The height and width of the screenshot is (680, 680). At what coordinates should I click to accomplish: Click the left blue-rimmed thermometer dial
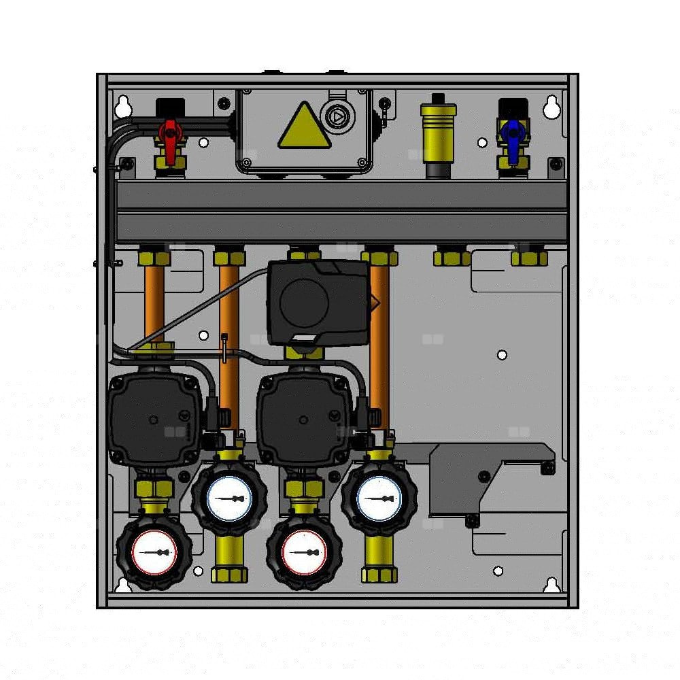[229, 498]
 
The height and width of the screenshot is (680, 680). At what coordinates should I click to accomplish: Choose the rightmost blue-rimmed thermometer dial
[379, 498]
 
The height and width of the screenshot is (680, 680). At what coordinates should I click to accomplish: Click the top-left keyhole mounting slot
[123, 106]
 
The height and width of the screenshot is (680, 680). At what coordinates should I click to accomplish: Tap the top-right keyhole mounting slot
[552, 106]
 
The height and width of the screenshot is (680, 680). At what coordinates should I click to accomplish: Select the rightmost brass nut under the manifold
[529, 258]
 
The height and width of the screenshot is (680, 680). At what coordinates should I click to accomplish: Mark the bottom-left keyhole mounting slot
[123, 585]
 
